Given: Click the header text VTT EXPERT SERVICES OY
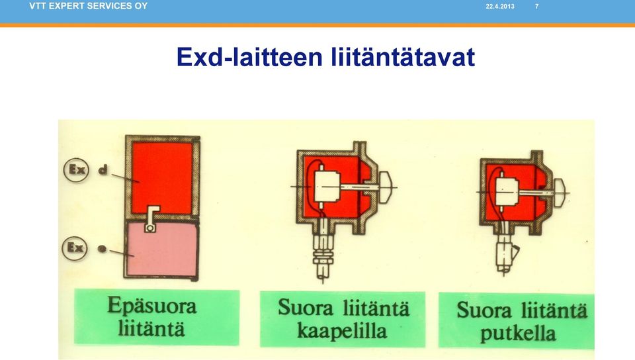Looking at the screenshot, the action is click(x=88, y=6).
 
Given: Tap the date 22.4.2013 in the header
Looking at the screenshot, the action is click(x=500, y=7).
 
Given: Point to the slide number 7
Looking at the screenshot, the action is click(x=536, y=7).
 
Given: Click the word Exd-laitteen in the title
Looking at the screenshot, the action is click(x=249, y=57).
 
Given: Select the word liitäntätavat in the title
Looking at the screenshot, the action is click(x=403, y=57).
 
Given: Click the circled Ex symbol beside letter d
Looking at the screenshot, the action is click(x=76, y=169).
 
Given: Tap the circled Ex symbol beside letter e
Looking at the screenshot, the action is click(x=75, y=247).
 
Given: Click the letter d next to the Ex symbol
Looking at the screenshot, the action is click(x=104, y=169).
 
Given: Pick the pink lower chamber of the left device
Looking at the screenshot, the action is click(x=163, y=249).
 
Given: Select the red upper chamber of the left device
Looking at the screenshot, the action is click(x=163, y=174).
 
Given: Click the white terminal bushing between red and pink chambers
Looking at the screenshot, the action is click(x=151, y=219).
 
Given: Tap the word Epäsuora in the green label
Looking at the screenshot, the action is click(x=152, y=306).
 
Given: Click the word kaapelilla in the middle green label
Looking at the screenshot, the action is click(x=342, y=331).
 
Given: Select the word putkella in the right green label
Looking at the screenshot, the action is click(x=518, y=334).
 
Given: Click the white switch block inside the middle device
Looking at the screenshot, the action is click(x=327, y=187).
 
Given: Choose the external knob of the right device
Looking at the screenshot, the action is click(x=560, y=192).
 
